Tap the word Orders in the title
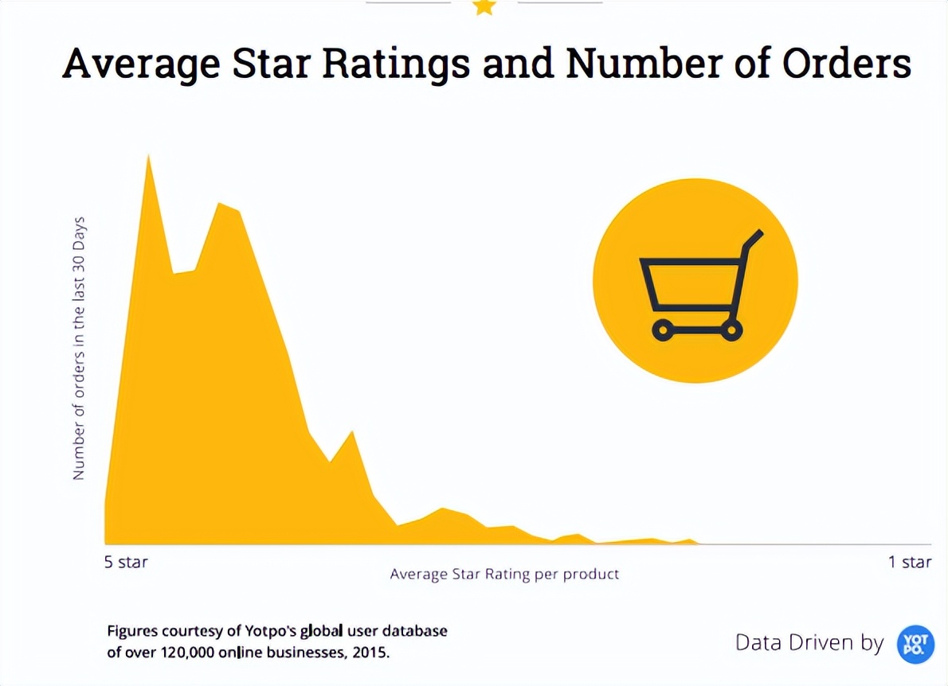point(846,64)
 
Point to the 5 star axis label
point(126,563)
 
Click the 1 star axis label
point(910,563)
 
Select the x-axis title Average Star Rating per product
point(504,574)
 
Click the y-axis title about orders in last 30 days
point(79,348)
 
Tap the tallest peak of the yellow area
point(148,158)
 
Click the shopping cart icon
point(695,281)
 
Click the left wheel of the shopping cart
point(662,329)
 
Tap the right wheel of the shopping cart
point(731,329)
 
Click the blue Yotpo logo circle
point(915,644)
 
